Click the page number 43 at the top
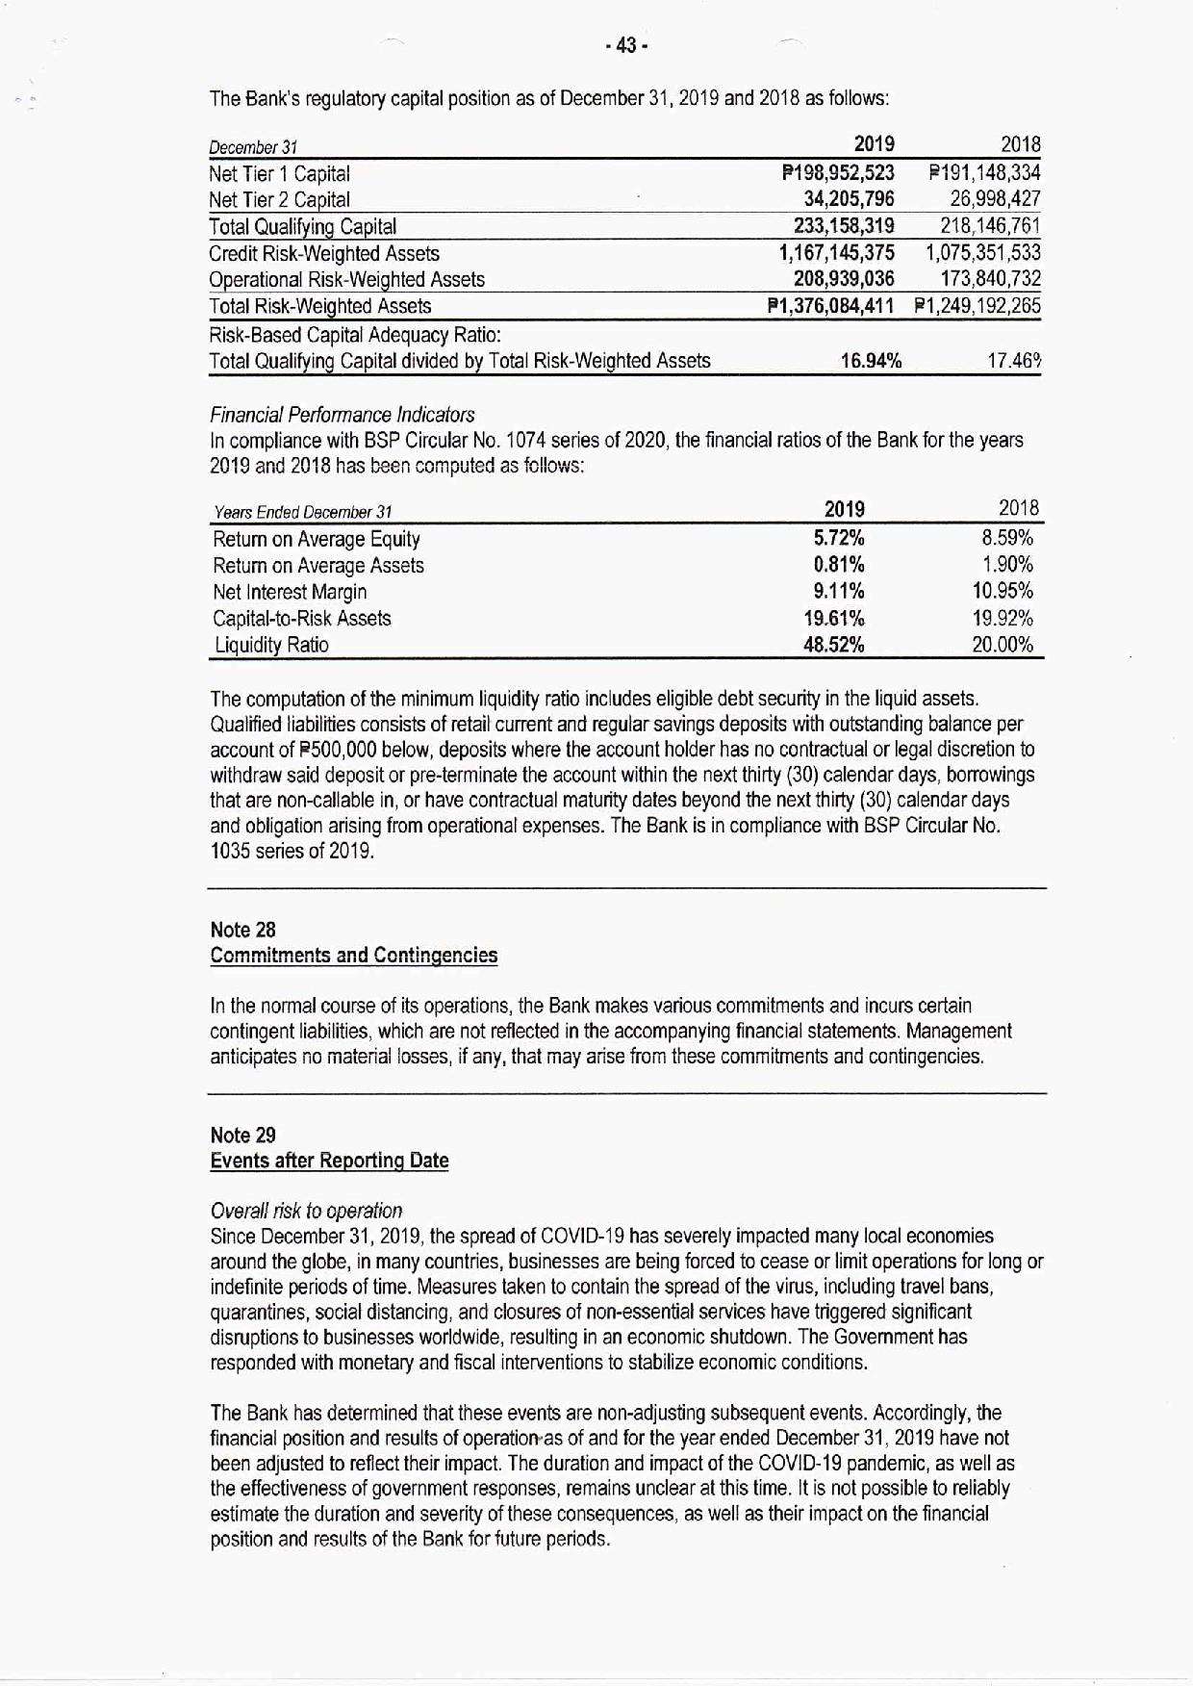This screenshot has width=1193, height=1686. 626,45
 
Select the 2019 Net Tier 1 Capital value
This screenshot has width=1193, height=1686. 838,173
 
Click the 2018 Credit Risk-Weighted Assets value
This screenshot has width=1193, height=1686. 983,253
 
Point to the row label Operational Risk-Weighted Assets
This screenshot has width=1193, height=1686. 346,279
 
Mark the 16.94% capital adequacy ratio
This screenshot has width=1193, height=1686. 871,361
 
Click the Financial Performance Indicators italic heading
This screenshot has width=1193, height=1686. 342,415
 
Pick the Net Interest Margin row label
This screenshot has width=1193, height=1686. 290,592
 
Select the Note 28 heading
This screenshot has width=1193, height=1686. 242,930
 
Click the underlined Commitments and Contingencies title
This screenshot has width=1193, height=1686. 354,956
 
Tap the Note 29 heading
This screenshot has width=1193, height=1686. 242,1136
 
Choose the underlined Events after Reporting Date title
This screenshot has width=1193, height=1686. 329,1161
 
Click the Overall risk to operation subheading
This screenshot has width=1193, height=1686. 306,1211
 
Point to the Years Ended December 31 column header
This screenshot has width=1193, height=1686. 302,512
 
